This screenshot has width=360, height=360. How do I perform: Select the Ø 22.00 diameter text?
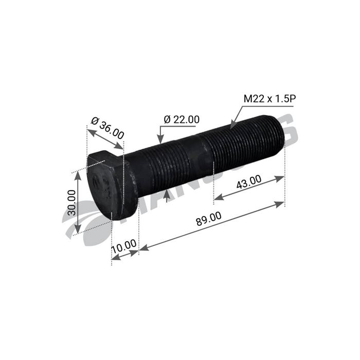pos(182,119)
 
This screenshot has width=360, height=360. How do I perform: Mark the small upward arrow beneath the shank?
pos(166,196)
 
